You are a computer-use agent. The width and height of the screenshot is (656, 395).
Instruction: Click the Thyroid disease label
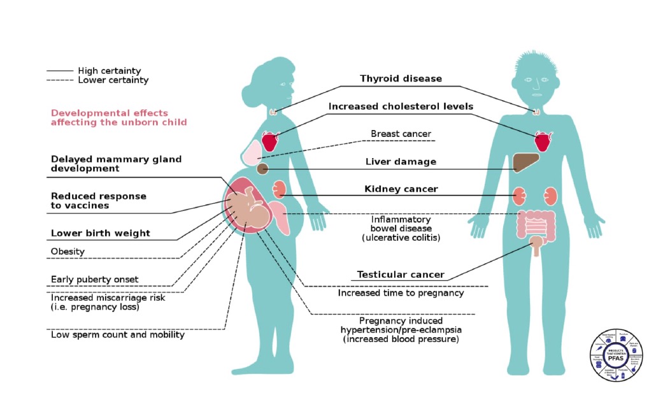pos(401,79)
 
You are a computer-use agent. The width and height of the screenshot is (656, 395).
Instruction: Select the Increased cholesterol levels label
pos(401,106)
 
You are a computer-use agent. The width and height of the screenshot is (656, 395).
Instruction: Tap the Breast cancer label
pos(401,134)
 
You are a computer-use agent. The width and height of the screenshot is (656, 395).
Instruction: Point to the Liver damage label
pos(401,162)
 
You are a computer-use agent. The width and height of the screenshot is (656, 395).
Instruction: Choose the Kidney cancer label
pos(401,189)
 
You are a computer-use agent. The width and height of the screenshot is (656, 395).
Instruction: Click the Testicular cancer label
pos(400,275)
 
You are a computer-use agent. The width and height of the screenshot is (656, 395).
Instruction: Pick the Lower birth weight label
pos(101,233)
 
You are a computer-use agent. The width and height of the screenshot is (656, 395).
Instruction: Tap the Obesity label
pos(68,252)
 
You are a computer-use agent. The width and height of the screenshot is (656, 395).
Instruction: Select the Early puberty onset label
pos(94,280)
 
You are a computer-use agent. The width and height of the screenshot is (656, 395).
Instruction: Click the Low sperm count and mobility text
pos(118,334)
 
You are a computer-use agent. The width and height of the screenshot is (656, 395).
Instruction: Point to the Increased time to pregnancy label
pos(401,293)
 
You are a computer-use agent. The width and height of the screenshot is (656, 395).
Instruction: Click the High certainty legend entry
pos(109,71)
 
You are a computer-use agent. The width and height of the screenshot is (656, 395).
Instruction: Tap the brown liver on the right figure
pos(525,162)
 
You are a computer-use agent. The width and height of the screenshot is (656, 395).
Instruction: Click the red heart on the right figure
pos(543,141)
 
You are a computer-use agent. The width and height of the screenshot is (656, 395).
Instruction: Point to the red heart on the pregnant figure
pos(270,141)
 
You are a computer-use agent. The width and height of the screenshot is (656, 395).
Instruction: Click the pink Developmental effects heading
pos(118,117)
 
